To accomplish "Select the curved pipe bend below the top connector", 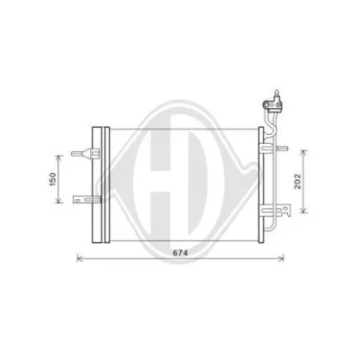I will click(x=269, y=117).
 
